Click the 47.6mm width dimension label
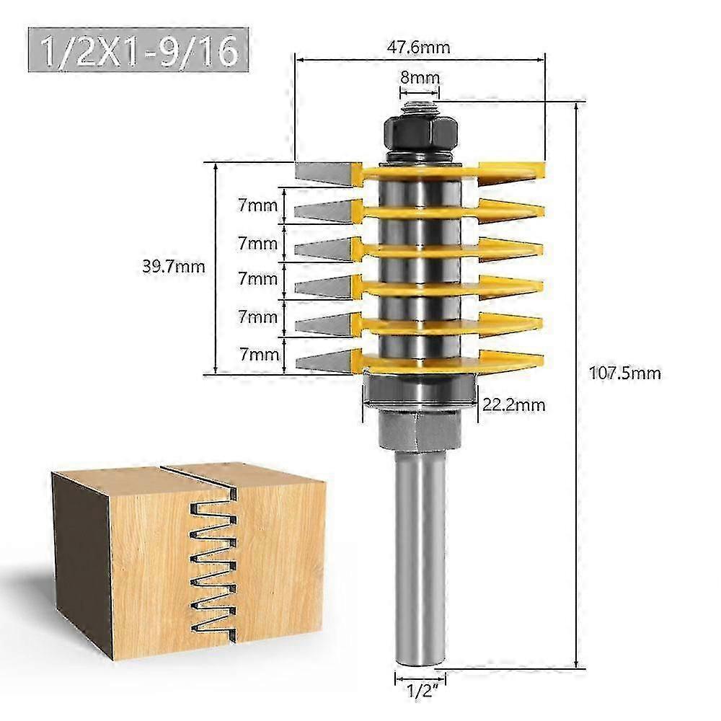click(x=420, y=48)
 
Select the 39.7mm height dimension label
click(x=174, y=267)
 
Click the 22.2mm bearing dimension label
click(x=513, y=405)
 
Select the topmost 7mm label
click(x=258, y=206)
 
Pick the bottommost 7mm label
click(x=258, y=354)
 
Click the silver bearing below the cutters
click(x=420, y=391)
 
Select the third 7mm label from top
click(x=258, y=278)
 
